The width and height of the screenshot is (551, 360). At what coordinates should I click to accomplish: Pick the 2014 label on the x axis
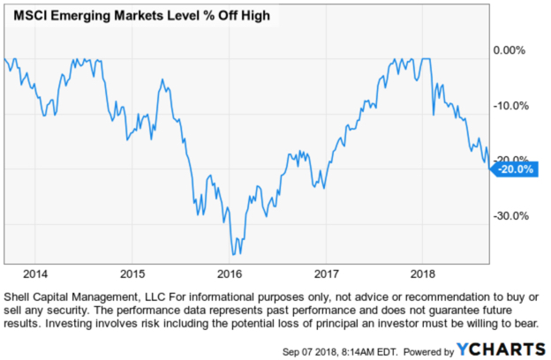[x=35, y=272]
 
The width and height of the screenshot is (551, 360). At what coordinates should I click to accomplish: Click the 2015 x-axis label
[x=132, y=272]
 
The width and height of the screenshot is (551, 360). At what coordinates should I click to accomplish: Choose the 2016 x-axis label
[x=230, y=272]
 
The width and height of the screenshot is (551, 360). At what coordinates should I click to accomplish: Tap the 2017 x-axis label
[x=327, y=272]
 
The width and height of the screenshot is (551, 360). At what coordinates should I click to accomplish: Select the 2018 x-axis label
[x=424, y=272]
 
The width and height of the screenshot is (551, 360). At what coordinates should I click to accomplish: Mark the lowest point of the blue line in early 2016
[x=234, y=254]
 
